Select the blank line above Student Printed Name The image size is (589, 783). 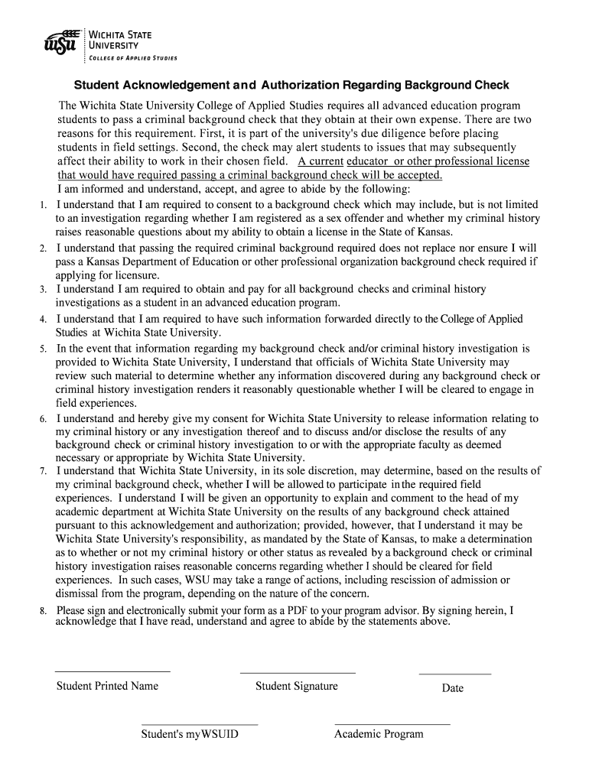coord(112,671)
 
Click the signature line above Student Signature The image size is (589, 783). coord(298,672)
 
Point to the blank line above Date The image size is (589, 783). coord(454,674)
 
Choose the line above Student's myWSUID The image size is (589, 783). coord(200,723)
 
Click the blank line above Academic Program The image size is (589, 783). coord(392,723)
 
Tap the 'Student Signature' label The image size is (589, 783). coord(297,686)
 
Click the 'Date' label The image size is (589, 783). coord(453,688)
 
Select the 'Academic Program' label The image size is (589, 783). coord(379,734)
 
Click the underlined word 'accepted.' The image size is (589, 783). coord(420,174)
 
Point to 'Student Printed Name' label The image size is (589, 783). coord(107,686)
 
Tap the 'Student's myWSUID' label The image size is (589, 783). coord(190,734)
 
